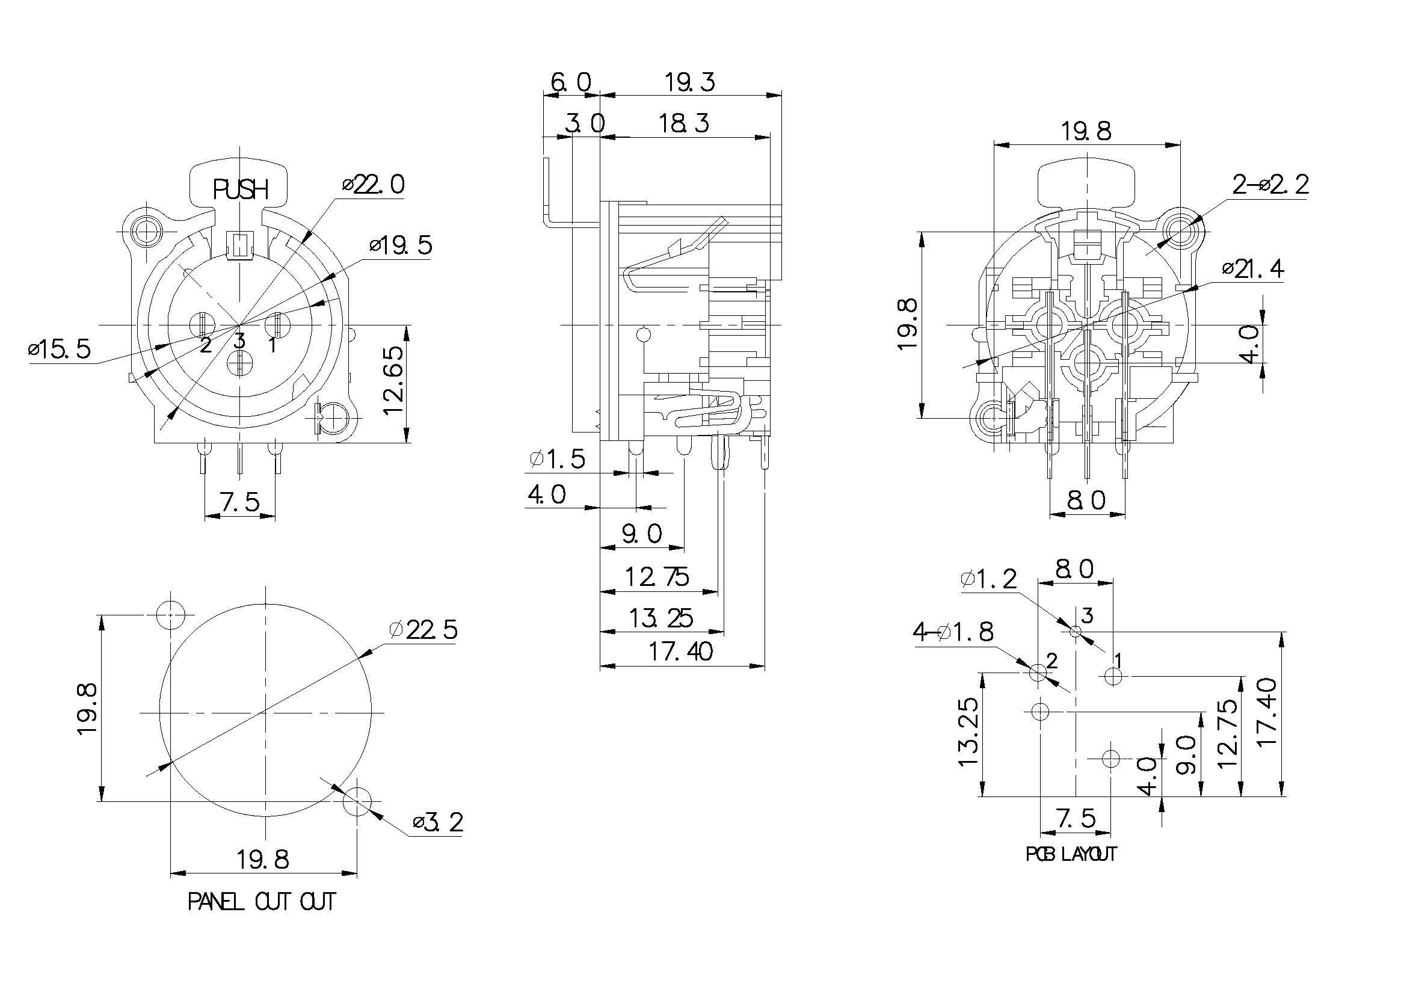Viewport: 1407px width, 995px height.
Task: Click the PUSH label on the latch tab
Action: point(240,190)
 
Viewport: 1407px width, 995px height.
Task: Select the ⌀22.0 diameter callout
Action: point(374,185)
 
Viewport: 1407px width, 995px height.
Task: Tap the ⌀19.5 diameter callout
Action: point(401,245)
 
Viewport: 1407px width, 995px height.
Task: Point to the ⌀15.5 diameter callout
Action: point(60,350)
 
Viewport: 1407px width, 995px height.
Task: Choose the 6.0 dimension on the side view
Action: point(570,82)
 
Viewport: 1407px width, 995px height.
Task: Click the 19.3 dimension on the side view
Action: point(689,82)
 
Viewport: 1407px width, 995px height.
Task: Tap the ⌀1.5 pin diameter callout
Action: point(557,459)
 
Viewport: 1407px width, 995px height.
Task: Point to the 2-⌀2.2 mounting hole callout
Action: point(1270,185)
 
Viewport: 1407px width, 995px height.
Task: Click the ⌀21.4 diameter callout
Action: point(1252,269)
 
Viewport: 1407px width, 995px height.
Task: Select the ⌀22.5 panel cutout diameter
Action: point(423,630)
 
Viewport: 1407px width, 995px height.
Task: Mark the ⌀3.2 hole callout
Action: point(437,822)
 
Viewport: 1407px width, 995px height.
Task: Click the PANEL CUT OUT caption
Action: point(262,902)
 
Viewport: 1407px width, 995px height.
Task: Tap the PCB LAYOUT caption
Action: point(1071,854)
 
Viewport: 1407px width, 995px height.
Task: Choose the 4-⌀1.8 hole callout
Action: point(953,632)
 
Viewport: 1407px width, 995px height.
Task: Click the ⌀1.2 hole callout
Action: point(988,578)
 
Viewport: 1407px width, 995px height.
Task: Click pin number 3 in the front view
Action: point(239,340)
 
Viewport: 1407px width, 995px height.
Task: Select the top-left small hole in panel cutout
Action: point(170,615)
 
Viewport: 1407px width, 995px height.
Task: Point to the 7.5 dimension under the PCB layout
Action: point(1076,818)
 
